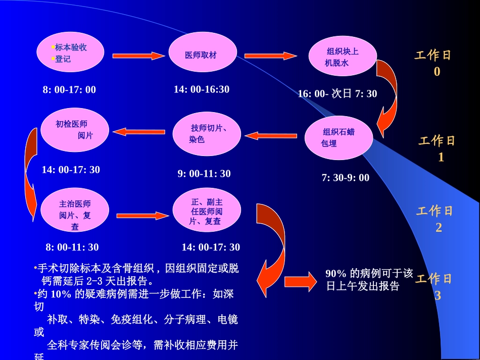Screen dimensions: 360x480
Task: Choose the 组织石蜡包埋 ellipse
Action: point(339,137)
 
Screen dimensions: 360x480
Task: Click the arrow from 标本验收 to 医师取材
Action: point(138,56)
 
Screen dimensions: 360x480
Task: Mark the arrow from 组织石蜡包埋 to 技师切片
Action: point(270,135)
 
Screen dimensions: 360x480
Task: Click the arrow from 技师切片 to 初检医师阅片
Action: point(138,132)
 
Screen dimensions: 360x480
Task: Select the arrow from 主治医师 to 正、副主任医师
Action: point(142,216)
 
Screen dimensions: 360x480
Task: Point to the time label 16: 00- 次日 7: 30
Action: point(338,94)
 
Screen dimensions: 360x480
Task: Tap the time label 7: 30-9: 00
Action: point(346,178)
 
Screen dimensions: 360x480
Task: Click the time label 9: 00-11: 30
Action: point(204,174)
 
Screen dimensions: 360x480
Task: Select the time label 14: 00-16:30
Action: point(202,89)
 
